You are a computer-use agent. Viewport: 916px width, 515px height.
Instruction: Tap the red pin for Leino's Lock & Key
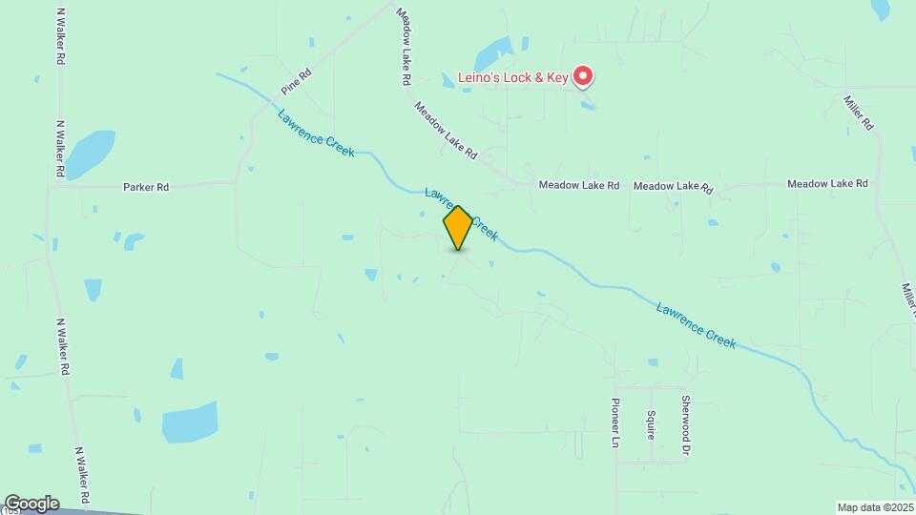[x=583, y=76]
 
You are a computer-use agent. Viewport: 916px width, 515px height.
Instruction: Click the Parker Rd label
[x=146, y=188]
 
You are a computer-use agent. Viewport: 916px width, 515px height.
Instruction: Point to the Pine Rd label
[x=297, y=81]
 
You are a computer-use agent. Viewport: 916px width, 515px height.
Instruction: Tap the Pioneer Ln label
[x=615, y=422]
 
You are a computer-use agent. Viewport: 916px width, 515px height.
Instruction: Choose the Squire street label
[x=650, y=423]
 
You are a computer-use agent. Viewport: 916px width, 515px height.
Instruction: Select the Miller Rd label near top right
[x=859, y=112]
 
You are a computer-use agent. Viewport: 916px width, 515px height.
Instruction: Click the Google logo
[x=31, y=504]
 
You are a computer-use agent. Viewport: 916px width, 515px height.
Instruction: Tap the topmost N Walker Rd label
[x=61, y=37]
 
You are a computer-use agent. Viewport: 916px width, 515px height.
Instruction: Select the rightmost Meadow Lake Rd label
[x=827, y=183]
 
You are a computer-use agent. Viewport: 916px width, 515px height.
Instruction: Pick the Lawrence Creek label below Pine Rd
[x=316, y=134]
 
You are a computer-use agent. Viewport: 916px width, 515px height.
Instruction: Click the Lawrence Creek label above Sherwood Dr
[x=696, y=324]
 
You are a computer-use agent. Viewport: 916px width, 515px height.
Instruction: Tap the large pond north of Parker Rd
[x=88, y=153]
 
